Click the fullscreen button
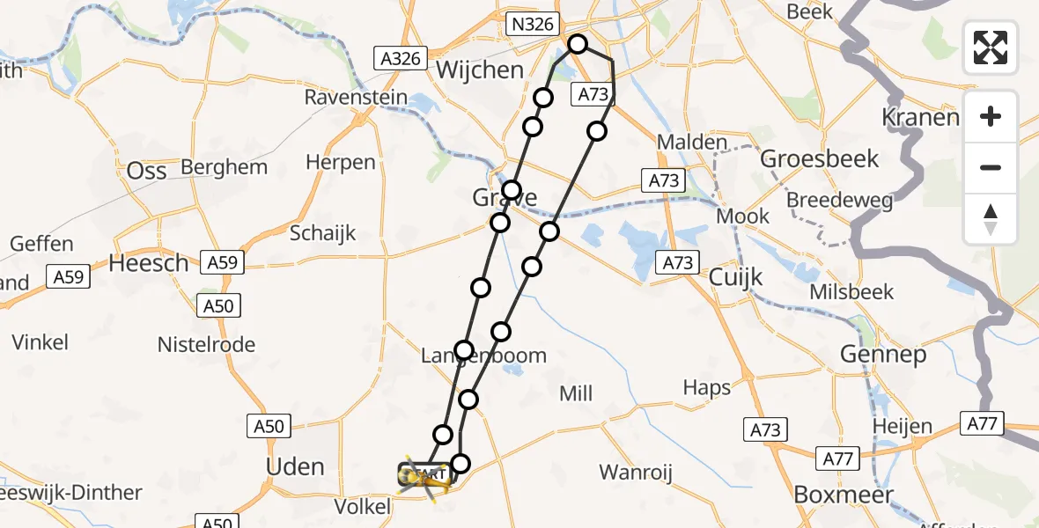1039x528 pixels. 991,48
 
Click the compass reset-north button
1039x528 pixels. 991,219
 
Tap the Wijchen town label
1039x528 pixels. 481,70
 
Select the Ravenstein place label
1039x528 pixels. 356,97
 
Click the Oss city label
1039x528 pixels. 147,171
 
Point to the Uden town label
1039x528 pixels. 295,466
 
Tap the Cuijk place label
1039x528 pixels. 736,278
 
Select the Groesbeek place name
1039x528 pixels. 819,158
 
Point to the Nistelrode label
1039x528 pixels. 206,344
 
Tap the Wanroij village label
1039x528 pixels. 636,473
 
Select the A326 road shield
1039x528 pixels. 400,59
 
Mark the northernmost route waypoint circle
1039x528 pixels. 578,43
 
